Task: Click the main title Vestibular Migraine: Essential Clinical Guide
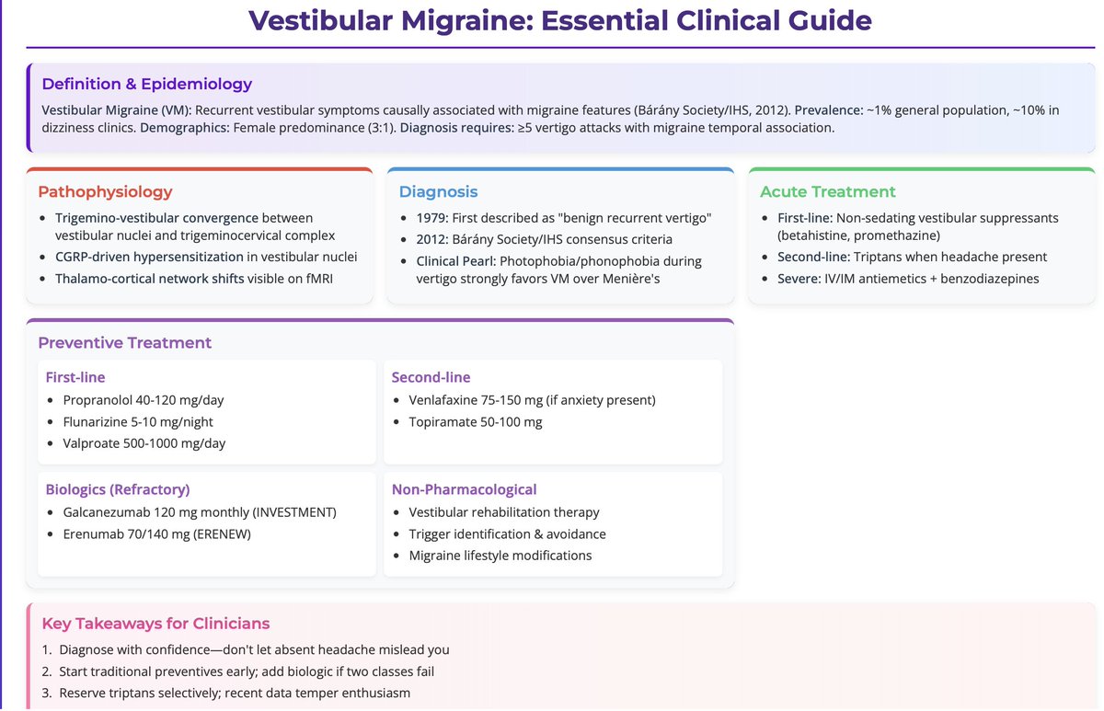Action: pos(560,20)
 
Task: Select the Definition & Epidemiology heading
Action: pos(147,84)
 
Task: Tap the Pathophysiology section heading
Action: pos(105,191)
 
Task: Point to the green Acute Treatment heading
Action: pos(827,191)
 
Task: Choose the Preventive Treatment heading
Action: pos(124,342)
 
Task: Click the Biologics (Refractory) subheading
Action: pos(118,489)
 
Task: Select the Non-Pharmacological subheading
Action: pos(464,489)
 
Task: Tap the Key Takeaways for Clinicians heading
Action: pos(155,624)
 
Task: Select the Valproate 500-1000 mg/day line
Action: pos(144,443)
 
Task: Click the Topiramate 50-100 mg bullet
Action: pos(476,422)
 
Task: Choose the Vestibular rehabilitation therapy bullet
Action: pos(504,512)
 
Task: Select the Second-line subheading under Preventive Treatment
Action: pos(431,377)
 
